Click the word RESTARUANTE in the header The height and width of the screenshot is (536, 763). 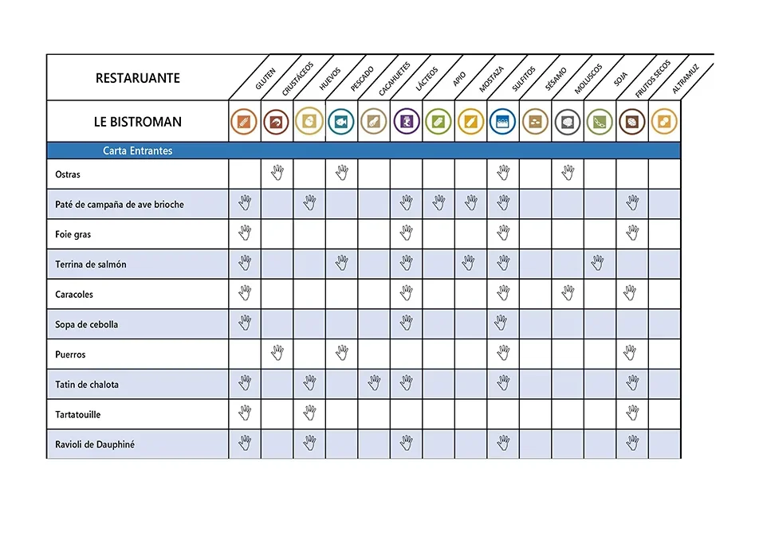137,78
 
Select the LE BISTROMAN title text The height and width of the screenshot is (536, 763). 137,122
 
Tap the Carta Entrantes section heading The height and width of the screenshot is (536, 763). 137,151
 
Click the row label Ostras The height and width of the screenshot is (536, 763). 68,174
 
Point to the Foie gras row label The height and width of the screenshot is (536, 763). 73,235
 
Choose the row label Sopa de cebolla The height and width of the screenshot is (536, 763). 86,325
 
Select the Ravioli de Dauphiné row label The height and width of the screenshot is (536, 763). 95,444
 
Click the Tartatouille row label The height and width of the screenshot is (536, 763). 78,415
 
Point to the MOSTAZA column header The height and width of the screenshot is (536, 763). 491,80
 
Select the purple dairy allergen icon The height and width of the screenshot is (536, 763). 406,122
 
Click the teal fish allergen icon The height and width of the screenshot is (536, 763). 341,122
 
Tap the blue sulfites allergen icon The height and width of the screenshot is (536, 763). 502,122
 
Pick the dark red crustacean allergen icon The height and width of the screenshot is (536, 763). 277,122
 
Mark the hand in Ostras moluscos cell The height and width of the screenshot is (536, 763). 567,173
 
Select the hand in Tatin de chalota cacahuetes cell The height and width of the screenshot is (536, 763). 374,383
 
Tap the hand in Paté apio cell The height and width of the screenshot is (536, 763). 438,203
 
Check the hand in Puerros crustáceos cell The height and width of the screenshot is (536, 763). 277,353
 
